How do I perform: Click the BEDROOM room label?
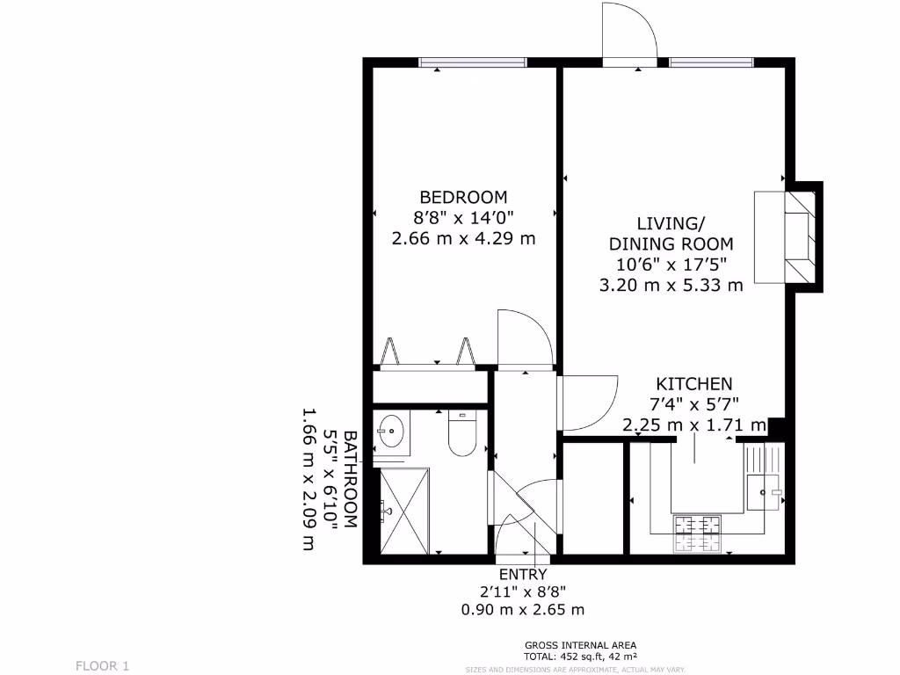point(463,197)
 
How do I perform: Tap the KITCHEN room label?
point(693,384)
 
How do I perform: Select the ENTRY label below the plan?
point(523,574)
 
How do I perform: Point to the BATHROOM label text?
point(350,479)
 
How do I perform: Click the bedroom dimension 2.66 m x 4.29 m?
point(463,237)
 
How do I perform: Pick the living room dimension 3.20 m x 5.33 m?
point(671,285)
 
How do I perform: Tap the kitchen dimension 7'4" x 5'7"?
point(693,404)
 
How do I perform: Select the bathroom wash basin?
point(391,432)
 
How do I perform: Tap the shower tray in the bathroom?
point(405,511)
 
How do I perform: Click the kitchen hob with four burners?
point(698,532)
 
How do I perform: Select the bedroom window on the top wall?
point(472,62)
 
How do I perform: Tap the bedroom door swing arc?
point(524,338)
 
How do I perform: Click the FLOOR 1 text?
point(102,665)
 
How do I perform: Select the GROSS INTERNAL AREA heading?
point(580,644)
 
